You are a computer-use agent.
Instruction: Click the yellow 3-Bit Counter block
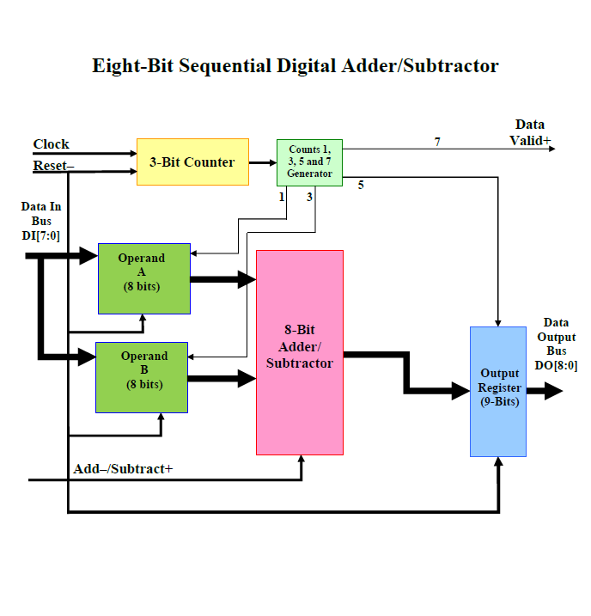pyautogui.click(x=192, y=162)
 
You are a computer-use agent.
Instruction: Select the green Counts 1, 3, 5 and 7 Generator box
pyautogui.click(x=309, y=162)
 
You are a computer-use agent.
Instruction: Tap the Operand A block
pyautogui.click(x=143, y=278)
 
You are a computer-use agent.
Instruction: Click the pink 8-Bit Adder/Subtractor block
pyautogui.click(x=299, y=351)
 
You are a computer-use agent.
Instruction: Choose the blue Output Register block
pyautogui.click(x=498, y=391)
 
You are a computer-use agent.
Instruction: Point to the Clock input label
pyautogui.click(x=52, y=144)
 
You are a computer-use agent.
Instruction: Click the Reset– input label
pyautogui.click(x=53, y=165)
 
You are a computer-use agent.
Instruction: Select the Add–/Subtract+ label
pyautogui.click(x=123, y=468)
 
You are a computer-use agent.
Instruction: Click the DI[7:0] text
pyautogui.click(x=41, y=235)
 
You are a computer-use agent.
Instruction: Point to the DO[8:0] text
pyautogui.click(x=555, y=364)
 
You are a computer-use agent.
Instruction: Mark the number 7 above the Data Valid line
pyautogui.click(x=437, y=142)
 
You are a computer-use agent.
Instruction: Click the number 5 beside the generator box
pyautogui.click(x=361, y=185)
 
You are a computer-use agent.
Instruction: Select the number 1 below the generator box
pyautogui.click(x=281, y=197)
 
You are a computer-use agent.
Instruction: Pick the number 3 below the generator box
pyautogui.click(x=309, y=197)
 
